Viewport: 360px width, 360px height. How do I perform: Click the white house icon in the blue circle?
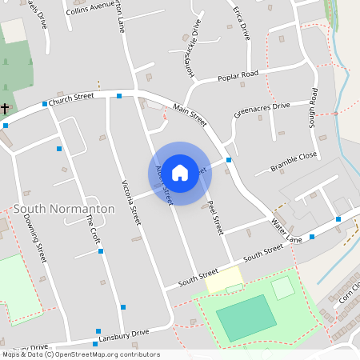tap(180, 172)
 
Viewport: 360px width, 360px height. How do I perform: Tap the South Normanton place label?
tap(64, 209)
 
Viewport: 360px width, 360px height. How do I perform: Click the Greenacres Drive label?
tap(262, 110)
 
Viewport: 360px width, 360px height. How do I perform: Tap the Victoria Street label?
tap(129, 202)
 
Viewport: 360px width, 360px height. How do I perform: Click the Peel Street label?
tap(214, 217)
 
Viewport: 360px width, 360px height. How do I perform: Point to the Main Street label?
tap(190, 115)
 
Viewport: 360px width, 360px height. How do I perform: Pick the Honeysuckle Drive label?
tap(185, 52)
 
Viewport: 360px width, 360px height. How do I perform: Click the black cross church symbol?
tap(5, 107)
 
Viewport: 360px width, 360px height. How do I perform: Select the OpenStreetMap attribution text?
tap(80, 354)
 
